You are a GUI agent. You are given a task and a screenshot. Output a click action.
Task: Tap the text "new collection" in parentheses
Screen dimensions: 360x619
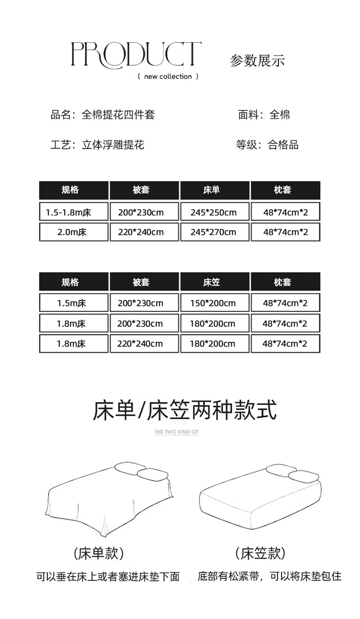pos(168,76)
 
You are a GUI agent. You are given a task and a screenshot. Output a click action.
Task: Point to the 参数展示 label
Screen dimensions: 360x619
pos(257,60)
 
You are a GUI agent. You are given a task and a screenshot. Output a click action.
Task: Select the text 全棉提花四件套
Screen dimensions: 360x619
pos(118,115)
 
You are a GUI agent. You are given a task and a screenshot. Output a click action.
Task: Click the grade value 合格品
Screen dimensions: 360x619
pos(283,144)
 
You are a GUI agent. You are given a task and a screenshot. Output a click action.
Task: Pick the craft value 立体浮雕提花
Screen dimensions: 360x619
pos(113,144)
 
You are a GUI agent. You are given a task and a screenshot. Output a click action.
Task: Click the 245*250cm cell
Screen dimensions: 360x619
pos(214,212)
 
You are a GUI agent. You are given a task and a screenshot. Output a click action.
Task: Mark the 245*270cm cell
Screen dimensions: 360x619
pos(214,232)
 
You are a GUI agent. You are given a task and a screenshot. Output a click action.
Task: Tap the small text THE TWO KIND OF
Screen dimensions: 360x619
pos(176,432)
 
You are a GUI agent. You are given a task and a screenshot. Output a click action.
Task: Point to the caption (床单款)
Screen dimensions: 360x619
pos(99,553)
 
